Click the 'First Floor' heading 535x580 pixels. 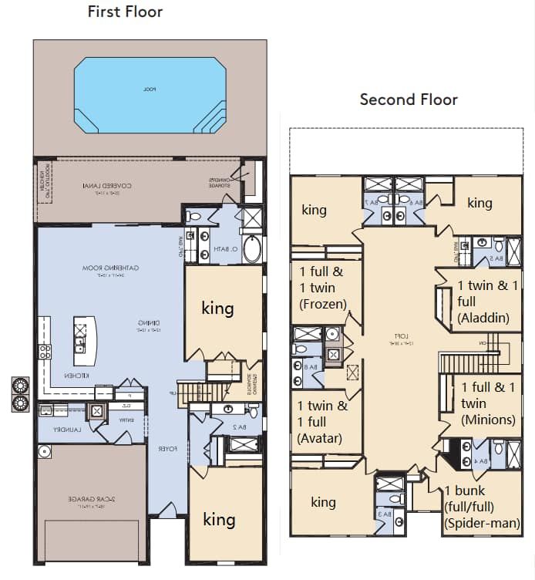(125, 12)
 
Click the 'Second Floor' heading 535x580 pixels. (409, 99)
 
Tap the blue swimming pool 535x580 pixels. (150, 94)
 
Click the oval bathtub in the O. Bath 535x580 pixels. (252, 248)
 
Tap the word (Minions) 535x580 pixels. (488, 420)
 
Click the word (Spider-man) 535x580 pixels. (482, 523)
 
